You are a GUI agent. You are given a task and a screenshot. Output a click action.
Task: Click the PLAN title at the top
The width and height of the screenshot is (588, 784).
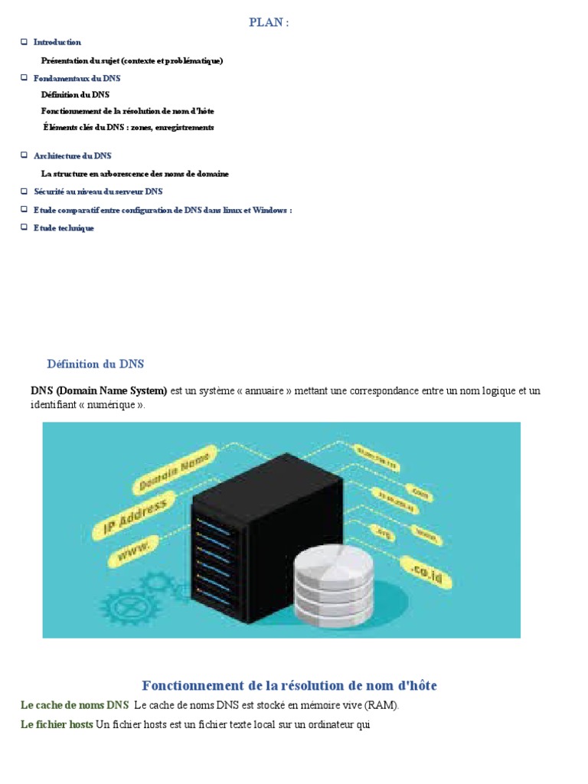[269, 23]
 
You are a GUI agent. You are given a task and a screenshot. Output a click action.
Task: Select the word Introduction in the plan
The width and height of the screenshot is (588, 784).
[57, 42]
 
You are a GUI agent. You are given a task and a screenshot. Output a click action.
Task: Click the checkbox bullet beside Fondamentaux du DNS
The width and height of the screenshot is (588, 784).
[24, 77]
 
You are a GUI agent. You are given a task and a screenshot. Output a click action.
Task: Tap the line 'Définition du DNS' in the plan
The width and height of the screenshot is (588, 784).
[75, 94]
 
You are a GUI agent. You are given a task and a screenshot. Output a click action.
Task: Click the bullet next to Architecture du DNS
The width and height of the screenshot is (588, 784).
[24, 155]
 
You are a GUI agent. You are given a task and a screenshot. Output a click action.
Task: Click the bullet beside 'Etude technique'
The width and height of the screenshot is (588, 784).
[24, 227]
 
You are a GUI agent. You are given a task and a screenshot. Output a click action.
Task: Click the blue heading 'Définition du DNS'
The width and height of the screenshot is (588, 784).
[95, 364]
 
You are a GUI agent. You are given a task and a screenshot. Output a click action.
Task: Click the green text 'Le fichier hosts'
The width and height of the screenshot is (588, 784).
[57, 724]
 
